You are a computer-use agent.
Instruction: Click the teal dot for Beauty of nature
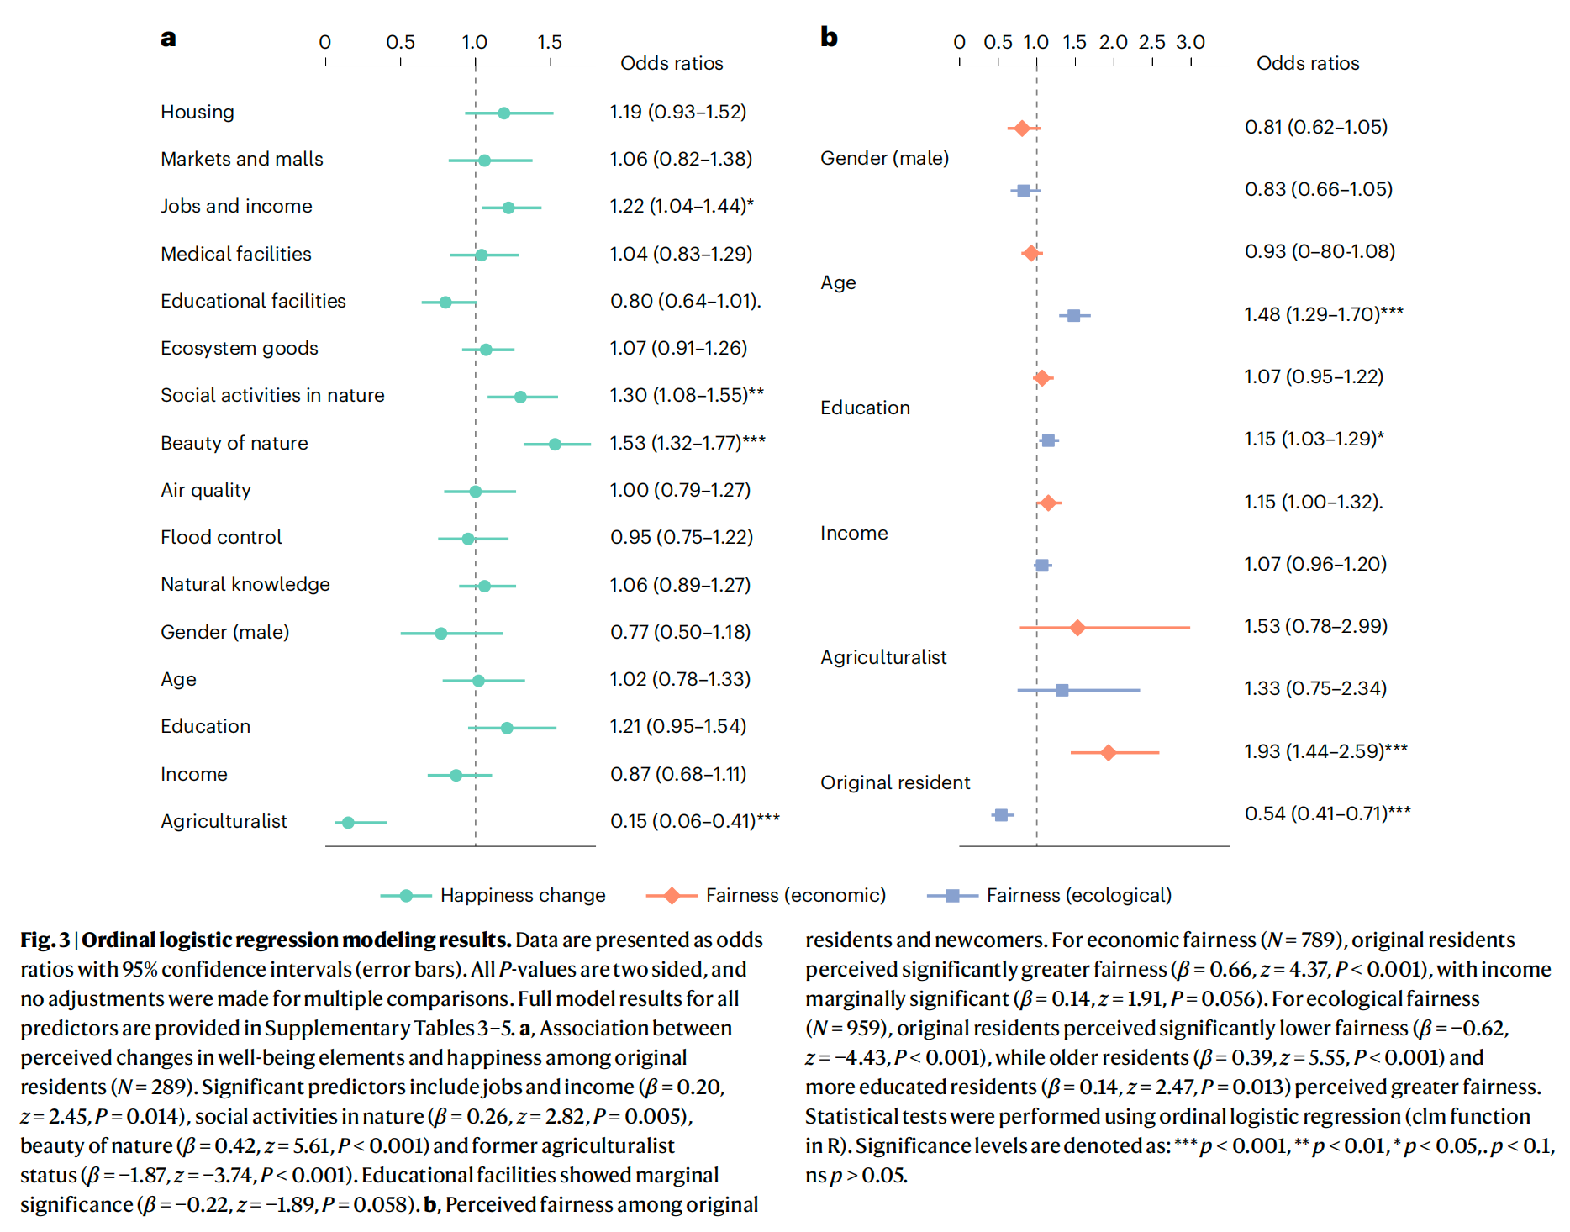[x=555, y=444]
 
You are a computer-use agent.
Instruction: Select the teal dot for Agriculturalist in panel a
[x=348, y=822]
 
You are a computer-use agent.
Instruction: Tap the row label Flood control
[x=221, y=537]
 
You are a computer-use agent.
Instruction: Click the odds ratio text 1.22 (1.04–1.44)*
[x=681, y=206]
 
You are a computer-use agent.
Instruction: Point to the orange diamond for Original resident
[x=1108, y=752]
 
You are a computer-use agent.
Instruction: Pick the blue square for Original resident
[x=1000, y=814]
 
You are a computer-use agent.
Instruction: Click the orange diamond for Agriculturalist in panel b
[x=1077, y=627]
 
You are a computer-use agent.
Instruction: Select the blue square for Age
[x=1073, y=315]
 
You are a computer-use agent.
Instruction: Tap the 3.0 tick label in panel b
[x=1190, y=42]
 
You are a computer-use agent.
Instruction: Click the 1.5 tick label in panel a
[x=550, y=42]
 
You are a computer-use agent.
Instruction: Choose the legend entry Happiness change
[x=522, y=895]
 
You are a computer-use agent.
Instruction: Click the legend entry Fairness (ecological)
[x=1078, y=895]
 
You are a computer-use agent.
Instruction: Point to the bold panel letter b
[x=829, y=37]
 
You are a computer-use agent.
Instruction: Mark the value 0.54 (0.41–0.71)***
[x=1327, y=813]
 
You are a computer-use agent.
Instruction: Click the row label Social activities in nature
[x=272, y=395]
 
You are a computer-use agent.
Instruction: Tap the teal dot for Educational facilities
[x=445, y=302]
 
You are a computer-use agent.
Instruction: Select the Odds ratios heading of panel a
[x=672, y=63]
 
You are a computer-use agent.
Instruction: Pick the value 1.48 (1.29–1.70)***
[x=1323, y=314]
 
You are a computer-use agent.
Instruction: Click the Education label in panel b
[x=865, y=408]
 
